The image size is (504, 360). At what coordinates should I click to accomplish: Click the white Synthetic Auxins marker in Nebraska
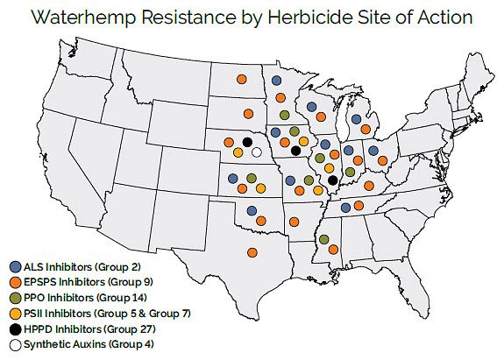point(256,152)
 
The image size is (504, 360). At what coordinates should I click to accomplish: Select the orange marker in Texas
point(252,252)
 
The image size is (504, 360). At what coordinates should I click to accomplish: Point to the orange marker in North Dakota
point(241,80)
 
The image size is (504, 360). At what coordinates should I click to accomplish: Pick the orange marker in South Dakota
point(248,114)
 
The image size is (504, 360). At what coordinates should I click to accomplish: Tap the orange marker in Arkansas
point(295,221)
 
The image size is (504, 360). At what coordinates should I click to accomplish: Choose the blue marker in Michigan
point(356,118)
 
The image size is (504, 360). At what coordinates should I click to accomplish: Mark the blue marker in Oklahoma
point(252,210)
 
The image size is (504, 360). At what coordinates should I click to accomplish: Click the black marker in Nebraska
point(247,142)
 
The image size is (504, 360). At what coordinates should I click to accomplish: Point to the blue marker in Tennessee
point(346,208)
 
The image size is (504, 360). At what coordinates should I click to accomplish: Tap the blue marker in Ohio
point(373,151)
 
